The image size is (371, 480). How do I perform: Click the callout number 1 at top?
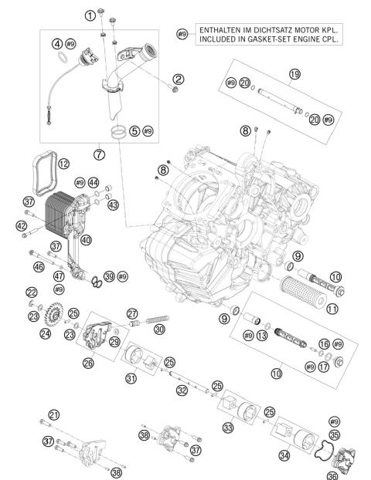(90, 15)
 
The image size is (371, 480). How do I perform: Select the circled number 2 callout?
(179, 79)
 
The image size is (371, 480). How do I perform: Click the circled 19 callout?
(294, 74)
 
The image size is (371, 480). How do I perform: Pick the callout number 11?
(333, 309)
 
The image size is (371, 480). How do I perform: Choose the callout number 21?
(53, 416)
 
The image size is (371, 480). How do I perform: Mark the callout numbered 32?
(181, 391)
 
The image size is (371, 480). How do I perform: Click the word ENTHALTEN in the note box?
(220, 29)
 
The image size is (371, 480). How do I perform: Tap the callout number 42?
(21, 225)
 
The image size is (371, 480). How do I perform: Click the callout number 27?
(132, 313)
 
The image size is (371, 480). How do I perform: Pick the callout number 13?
(262, 336)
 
